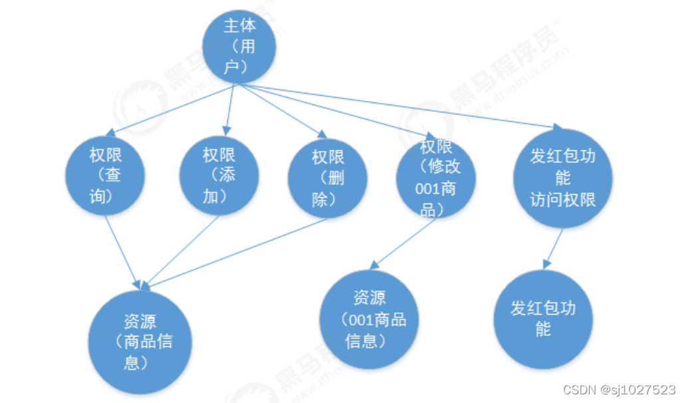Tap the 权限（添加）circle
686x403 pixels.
coord(219,176)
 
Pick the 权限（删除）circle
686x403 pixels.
coord(328,178)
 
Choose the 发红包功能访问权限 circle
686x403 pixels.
coord(562,178)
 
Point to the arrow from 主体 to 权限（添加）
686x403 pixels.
coord(230,108)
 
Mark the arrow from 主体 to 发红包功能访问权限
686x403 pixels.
coord(399,106)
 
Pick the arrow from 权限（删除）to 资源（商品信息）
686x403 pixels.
coord(236,253)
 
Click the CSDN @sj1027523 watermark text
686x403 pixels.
coord(619,390)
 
